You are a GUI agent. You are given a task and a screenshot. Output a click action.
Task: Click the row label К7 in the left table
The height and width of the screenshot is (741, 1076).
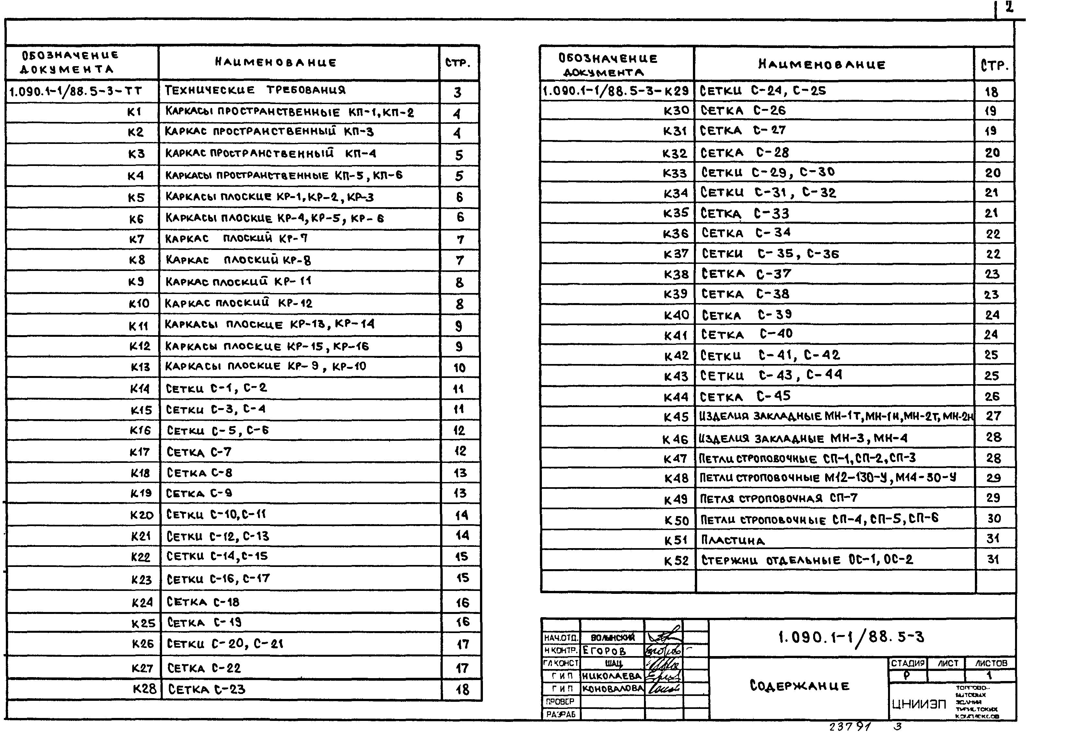tap(136, 240)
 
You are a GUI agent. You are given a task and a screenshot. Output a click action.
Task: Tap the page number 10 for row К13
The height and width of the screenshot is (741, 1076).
tap(459, 368)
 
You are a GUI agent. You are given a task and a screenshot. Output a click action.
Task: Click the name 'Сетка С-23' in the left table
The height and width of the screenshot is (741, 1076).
tap(206, 689)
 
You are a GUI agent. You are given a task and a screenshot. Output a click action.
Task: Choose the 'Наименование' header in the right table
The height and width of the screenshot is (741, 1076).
tap(822, 65)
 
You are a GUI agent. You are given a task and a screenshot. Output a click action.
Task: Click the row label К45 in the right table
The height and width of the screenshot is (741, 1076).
tap(675, 417)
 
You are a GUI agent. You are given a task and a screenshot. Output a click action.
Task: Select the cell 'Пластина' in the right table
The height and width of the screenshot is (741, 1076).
tap(732, 540)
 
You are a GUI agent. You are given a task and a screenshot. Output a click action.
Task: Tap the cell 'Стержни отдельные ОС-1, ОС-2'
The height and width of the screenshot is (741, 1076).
tap(807, 560)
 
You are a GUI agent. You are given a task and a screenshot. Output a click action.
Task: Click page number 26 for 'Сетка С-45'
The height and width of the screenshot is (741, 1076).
tap(992, 396)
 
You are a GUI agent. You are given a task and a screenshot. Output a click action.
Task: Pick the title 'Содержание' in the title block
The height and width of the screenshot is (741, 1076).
tap(799, 686)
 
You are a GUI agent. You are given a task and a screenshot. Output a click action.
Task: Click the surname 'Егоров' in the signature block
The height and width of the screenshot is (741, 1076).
tap(604, 651)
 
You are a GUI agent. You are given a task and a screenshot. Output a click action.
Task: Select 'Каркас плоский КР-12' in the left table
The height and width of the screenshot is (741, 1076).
tap(239, 303)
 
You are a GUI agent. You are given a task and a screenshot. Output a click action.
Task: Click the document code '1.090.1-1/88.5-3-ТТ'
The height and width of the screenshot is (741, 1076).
tap(76, 91)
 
